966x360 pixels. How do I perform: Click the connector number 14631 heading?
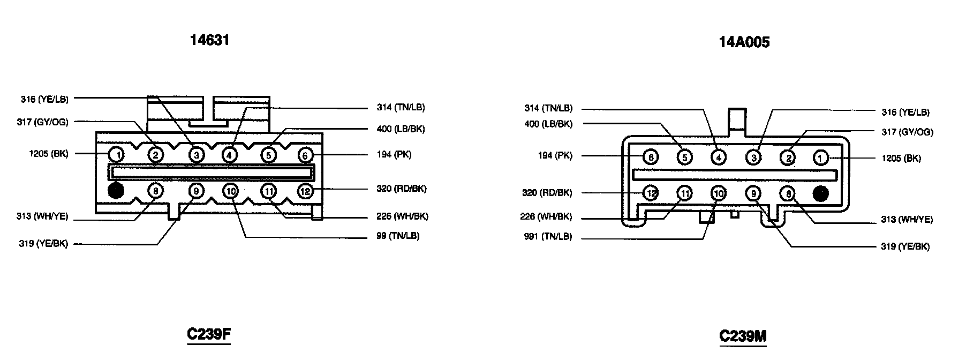210,40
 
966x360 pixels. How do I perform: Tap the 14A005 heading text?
744,42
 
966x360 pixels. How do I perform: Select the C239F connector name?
209,334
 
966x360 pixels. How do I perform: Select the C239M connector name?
743,336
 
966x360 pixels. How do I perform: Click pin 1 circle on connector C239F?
116,155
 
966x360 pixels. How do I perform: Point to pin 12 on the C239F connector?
305,191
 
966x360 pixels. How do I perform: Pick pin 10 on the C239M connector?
719,193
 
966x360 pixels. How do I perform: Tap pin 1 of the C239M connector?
820,157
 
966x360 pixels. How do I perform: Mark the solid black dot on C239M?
820,193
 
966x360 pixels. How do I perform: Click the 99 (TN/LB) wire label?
398,236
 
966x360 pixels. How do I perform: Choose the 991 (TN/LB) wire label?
548,237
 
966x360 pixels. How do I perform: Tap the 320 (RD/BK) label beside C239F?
402,189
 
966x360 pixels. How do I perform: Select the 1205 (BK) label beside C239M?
901,158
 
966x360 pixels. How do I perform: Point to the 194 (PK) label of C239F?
394,155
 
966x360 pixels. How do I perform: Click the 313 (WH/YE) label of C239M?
907,220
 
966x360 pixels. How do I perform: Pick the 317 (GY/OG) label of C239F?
43,122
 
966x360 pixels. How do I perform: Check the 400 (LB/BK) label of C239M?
548,124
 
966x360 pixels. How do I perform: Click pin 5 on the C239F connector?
268,155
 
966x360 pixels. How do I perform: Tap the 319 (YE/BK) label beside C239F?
43,244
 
